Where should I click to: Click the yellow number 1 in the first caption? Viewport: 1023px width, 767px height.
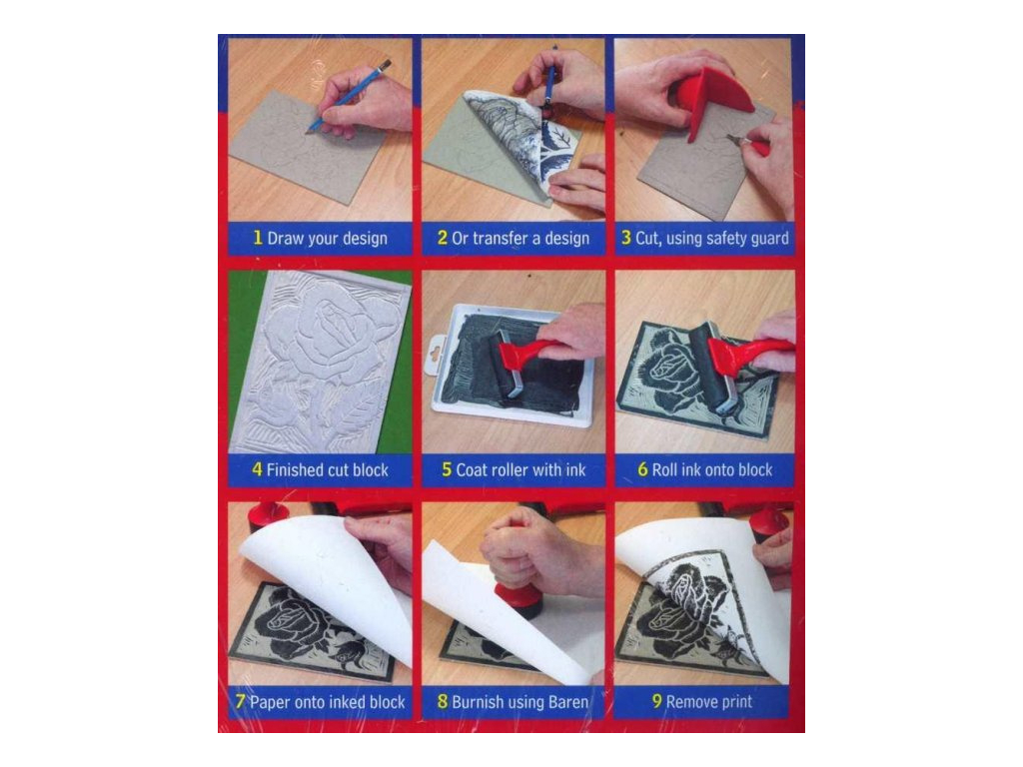pos(257,239)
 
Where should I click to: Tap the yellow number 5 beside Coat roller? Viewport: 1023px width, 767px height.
pos(447,469)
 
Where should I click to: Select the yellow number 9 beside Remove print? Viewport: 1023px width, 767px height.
pos(656,701)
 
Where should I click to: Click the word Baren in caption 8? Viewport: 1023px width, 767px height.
pos(567,701)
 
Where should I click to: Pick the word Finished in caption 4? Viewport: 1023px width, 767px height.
pos(297,469)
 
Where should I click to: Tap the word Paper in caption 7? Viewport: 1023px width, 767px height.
pos(270,701)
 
